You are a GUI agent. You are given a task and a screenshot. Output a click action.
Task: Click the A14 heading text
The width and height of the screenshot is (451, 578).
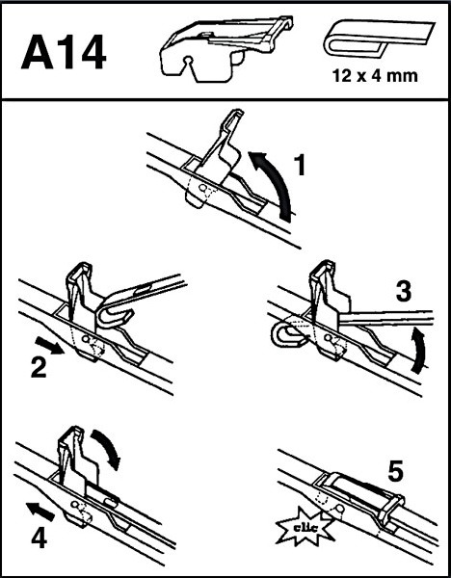point(64,52)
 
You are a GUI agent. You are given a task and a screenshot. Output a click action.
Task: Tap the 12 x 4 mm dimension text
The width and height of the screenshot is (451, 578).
point(375,76)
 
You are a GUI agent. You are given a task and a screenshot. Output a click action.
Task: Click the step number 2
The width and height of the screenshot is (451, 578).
point(39,368)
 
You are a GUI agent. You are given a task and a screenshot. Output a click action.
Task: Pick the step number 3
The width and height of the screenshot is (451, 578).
point(404,292)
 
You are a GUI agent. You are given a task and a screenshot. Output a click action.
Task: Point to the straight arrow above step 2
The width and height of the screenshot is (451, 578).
point(49,347)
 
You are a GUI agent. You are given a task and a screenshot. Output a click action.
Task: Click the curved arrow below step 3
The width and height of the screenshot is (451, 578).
point(419,349)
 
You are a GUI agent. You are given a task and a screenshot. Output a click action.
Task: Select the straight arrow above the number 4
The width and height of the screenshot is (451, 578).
point(40,512)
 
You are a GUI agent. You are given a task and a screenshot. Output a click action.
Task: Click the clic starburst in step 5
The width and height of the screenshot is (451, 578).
point(305,528)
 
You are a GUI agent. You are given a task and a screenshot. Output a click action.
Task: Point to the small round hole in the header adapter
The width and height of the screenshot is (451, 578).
point(189,60)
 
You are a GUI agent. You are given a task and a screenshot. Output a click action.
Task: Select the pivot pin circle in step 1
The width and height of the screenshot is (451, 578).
point(202,188)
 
